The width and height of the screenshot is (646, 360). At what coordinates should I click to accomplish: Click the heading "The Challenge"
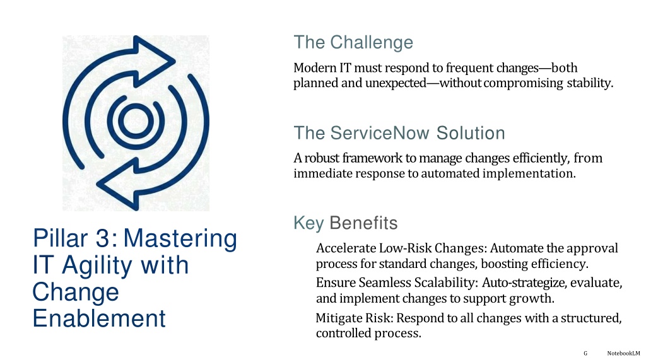[x=353, y=42]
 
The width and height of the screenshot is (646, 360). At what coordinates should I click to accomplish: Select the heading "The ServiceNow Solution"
[x=399, y=133]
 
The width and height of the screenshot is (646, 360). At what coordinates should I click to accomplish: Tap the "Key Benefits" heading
[x=345, y=223]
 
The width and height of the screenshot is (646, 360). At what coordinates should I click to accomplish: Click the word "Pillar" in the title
[x=60, y=238]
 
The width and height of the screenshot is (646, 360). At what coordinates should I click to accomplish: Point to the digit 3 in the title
[x=103, y=238]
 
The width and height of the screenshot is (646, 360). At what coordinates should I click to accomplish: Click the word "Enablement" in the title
[x=99, y=318]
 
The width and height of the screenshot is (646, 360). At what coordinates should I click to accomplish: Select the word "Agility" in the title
[x=97, y=266]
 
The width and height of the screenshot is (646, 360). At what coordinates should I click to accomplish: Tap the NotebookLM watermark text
[x=623, y=353]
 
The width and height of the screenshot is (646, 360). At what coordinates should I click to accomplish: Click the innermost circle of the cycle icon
[x=136, y=122]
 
